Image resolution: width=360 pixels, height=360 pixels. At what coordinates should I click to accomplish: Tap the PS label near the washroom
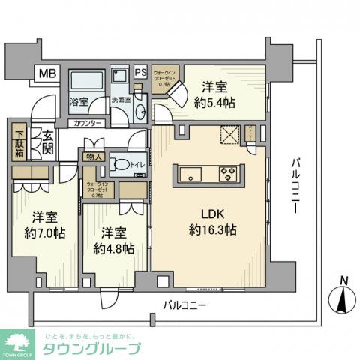pyautogui.click(x=140, y=73)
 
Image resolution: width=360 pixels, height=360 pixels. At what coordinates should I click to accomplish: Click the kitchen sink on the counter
pyautogui.click(x=192, y=175)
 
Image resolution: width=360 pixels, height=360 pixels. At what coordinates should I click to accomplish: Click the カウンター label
pyautogui.click(x=88, y=123)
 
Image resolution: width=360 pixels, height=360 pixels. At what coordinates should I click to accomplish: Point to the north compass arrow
pyautogui.click(x=343, y=301)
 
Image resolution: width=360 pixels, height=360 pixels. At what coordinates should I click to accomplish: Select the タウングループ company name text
pyautogui.click(x=91, y=348)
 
